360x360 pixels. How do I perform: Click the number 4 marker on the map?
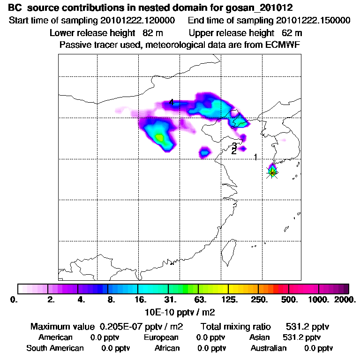172,102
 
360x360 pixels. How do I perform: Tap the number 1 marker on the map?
255,157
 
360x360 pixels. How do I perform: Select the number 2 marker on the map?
233,151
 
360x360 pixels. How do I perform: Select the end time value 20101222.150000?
313,21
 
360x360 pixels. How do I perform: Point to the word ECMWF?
284,45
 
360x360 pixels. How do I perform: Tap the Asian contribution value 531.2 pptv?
301,337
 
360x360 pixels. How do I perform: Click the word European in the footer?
161,337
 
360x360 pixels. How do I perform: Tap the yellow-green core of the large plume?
159,137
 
